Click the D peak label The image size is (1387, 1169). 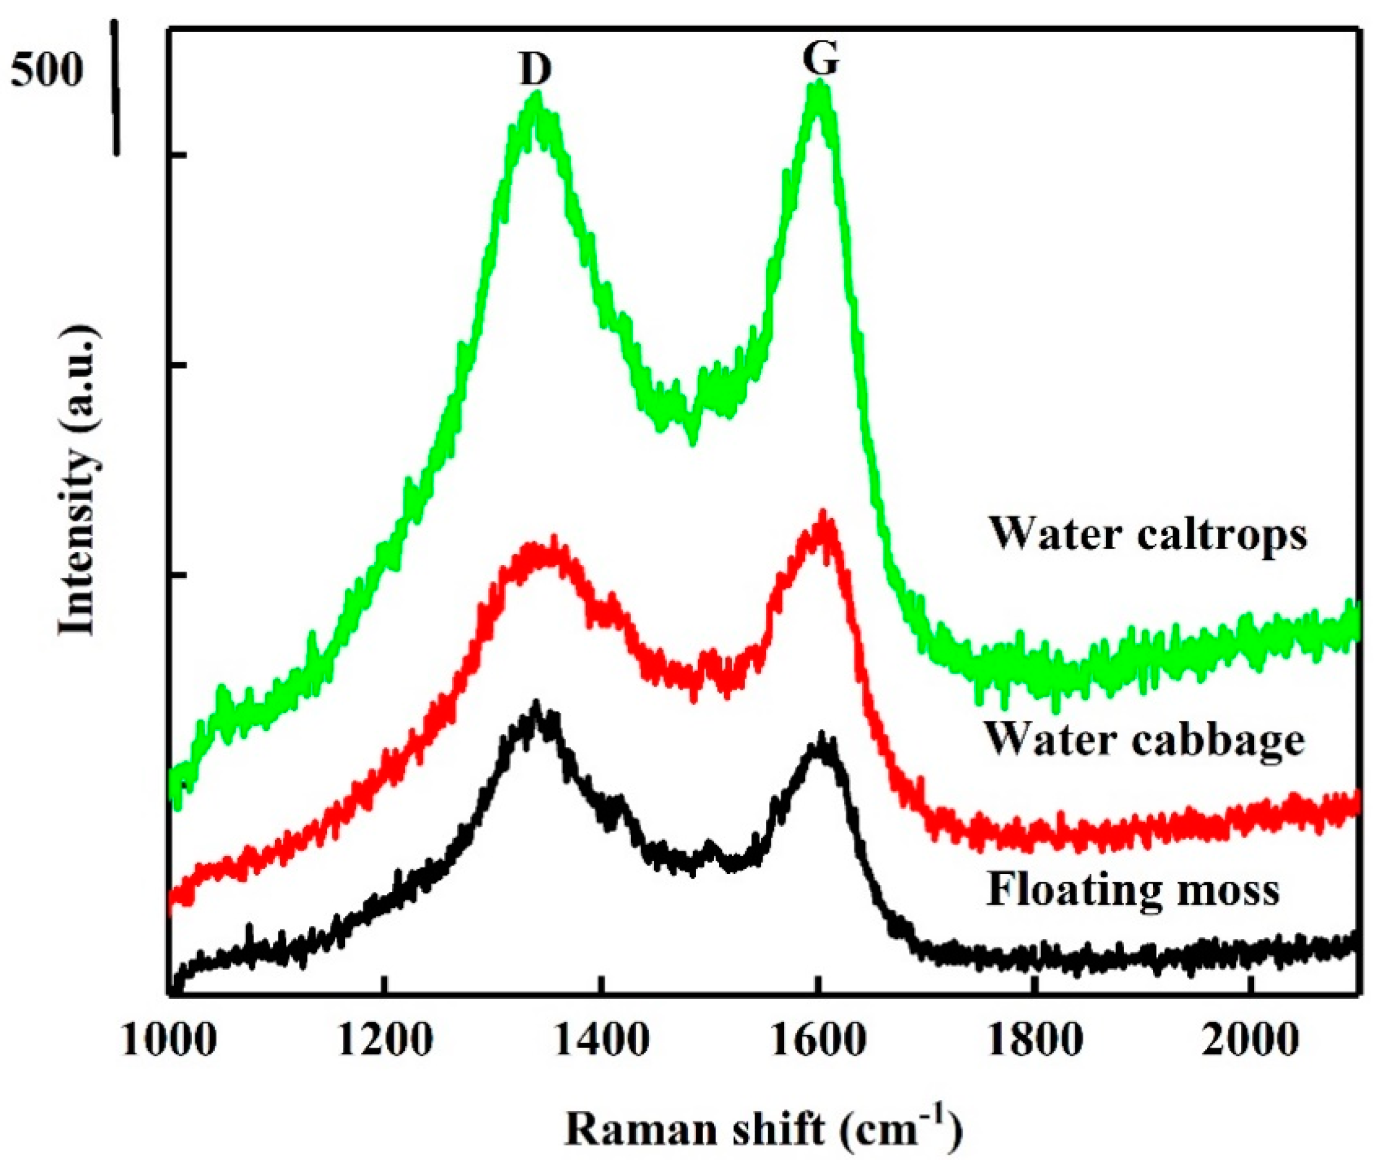click(535, 70)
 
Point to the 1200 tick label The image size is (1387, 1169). click(385, 1042)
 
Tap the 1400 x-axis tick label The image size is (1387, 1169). click(601, 1042)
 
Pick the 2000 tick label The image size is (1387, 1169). click(1249, 1042)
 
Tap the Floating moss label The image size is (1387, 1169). click(1133, 890)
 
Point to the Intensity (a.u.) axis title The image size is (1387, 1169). click(80, 481)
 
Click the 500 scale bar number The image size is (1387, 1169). click(45, 72)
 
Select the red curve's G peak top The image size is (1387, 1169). click(824, 517)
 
